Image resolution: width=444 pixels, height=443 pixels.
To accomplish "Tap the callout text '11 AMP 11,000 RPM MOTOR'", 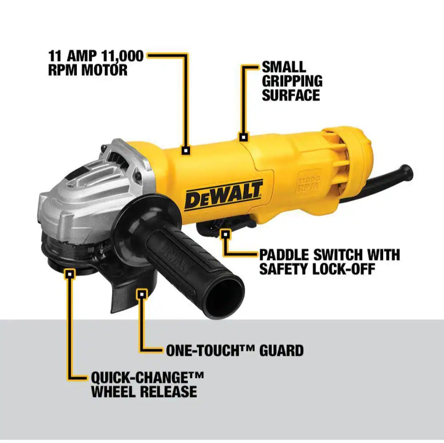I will (x=95, y=62).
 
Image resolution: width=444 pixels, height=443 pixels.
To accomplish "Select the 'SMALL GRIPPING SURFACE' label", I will (x=291, y=81).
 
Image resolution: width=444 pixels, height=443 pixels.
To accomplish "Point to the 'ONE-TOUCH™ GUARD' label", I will (x=235, y=350).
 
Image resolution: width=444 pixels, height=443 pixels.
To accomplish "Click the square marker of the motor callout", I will (x=186, y=151).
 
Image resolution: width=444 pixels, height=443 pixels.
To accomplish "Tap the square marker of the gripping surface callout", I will (x=244, y=137).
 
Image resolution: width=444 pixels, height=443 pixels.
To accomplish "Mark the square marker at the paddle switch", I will (x=225, y=234).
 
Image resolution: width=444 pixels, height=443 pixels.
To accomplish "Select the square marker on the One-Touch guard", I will (x=142, y=294).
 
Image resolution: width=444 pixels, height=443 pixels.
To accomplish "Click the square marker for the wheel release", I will (x=71, y=273).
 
